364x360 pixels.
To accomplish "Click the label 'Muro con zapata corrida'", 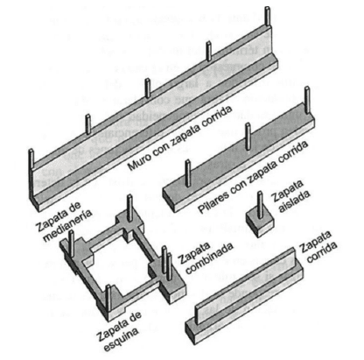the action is pyautogui.click(x=179, y=138).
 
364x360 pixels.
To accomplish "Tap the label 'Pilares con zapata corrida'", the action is pyautogui.click(x=253, y=177).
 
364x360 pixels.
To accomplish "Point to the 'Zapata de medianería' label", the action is pyautogui.click(x=63, y=222).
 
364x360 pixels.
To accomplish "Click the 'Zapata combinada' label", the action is pyautogui.click(x=206, y=258).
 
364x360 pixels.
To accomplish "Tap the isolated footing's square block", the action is pyautogui.click(x=259, y=222).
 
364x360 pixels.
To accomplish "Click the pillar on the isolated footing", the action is pyautogui.click(x=260, y=205).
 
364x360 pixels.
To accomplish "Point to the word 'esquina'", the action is pyautogui.click(x=122, y=340).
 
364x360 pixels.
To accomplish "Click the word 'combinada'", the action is pyautogui.click(x=210, y=263).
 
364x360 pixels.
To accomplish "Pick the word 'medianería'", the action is pyautogui.click(x=67, y=227).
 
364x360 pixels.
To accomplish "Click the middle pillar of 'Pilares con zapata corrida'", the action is pyautogui.click(x=248, y=136).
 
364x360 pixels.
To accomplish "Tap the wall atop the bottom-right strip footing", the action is pyautogui.click(x=246, y=286).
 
